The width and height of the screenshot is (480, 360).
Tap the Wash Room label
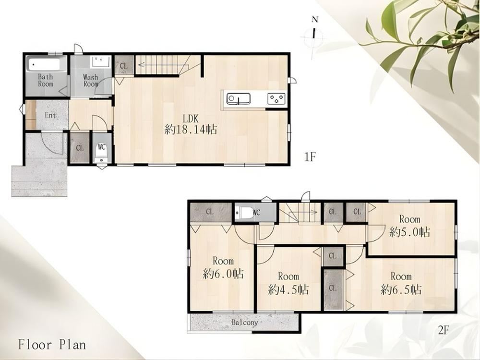tap(91, 81)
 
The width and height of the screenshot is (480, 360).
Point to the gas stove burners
tap(276, 99)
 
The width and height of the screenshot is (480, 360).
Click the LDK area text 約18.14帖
tap(191, 130)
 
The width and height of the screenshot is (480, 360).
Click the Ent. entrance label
tap(51, 115)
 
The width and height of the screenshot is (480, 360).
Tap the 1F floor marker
tap(310, 157)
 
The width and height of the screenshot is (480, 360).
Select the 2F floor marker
tap(444, 330)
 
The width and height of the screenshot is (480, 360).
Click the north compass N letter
tap(315, 20)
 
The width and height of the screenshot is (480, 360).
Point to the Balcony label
tap(245, 323)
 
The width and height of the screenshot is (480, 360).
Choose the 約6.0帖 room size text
tap(223, 274)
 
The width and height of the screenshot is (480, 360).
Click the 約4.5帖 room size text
tap(288, 289)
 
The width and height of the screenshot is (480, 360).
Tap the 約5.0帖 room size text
tap(409, 232)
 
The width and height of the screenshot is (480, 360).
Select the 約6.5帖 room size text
tap(401, 289)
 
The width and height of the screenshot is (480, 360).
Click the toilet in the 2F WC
tap(244, 213)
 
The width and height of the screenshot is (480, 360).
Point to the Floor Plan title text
tap(52, 345)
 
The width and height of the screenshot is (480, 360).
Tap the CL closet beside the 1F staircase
tap(124, 65)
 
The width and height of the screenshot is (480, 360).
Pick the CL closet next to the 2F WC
tap(210, 212)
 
